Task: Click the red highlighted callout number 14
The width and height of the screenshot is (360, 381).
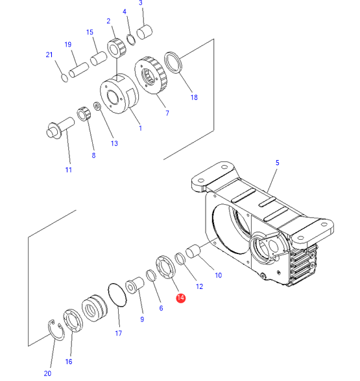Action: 181,298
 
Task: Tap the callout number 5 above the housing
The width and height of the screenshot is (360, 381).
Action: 278,163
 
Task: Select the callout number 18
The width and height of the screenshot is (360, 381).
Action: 194,97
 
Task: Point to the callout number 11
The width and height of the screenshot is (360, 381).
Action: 69,170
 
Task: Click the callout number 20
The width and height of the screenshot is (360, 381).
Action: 47,373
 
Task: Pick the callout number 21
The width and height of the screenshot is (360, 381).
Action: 49,54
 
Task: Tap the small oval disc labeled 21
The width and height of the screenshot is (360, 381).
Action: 65,78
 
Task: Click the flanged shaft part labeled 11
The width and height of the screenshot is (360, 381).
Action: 60,128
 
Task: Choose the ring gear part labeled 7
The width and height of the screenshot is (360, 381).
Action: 150,75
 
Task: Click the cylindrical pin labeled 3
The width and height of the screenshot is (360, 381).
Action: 145,32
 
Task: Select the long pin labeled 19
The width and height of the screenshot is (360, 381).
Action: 79,70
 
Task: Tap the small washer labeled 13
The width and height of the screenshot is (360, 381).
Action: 97,106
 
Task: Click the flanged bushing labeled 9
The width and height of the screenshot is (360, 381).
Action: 134,285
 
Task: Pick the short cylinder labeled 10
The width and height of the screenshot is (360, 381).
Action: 193,251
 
